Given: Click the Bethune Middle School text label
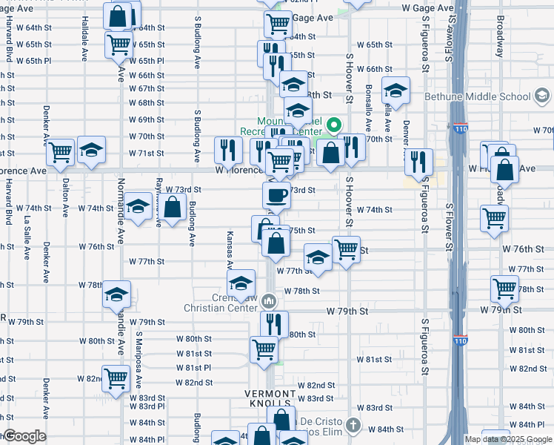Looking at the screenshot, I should point(478,96).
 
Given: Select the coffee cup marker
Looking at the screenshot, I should point(276,196).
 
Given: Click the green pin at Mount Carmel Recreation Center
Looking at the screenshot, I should point(333,125).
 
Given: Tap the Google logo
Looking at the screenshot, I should point(24,436).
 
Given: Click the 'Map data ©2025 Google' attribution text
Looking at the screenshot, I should point(507,439).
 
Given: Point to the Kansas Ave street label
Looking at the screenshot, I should point(230,249).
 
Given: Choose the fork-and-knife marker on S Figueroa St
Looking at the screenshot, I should point(419,162).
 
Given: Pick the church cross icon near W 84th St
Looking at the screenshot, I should point(354,426).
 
